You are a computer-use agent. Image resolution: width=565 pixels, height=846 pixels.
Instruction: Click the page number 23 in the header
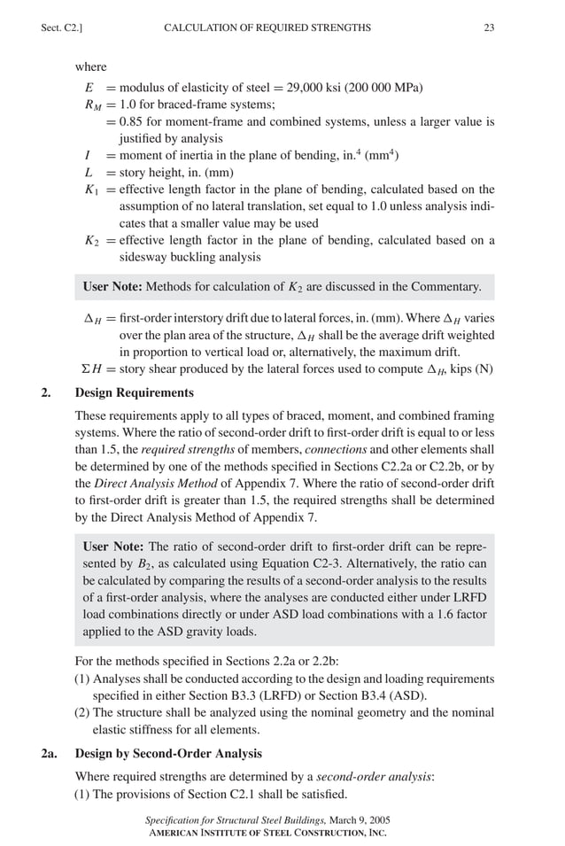click(489, 28)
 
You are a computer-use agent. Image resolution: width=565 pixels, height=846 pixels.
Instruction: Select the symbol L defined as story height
click(89, 173)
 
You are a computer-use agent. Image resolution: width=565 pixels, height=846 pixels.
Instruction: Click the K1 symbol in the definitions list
click(90, 190)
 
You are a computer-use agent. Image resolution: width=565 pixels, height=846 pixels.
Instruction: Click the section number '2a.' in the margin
click(50, 754)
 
